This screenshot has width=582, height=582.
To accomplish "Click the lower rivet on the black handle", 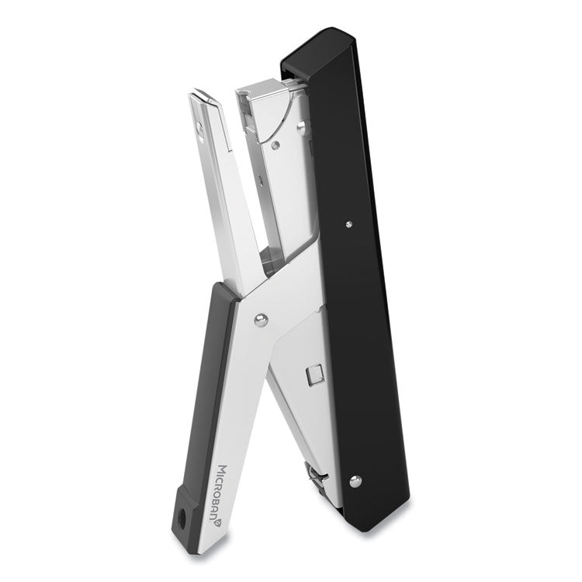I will pyautogui.click(x=355, y=482).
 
